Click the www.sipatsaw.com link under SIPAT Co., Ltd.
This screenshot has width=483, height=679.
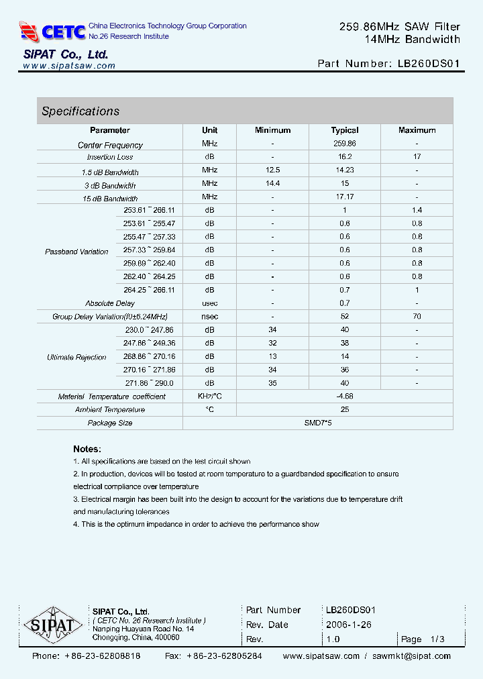tap(69, 66)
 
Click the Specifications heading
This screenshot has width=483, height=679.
tap(80, 111)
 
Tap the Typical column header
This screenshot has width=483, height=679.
tap(344, 130)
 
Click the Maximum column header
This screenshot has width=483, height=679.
tap(417, 130)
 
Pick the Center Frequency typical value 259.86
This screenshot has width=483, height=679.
tap(344, 144)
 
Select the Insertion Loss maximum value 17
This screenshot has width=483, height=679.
tap(417, 157)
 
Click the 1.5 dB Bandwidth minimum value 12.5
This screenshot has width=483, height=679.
tap(272, 170)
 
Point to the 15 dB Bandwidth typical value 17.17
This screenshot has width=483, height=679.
tap(344, 197)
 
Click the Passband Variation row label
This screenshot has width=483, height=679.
tap(76, 252)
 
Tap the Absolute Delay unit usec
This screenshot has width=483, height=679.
tap(209, 303)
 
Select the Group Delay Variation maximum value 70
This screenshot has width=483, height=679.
tap(417, 316)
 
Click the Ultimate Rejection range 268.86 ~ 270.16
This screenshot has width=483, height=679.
tap(149, 357)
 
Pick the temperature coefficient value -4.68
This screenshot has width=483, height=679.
tap(344, 397)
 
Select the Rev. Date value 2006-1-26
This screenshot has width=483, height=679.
tap(348, 625)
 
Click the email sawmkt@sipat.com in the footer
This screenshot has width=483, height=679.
tap(411, 656)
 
